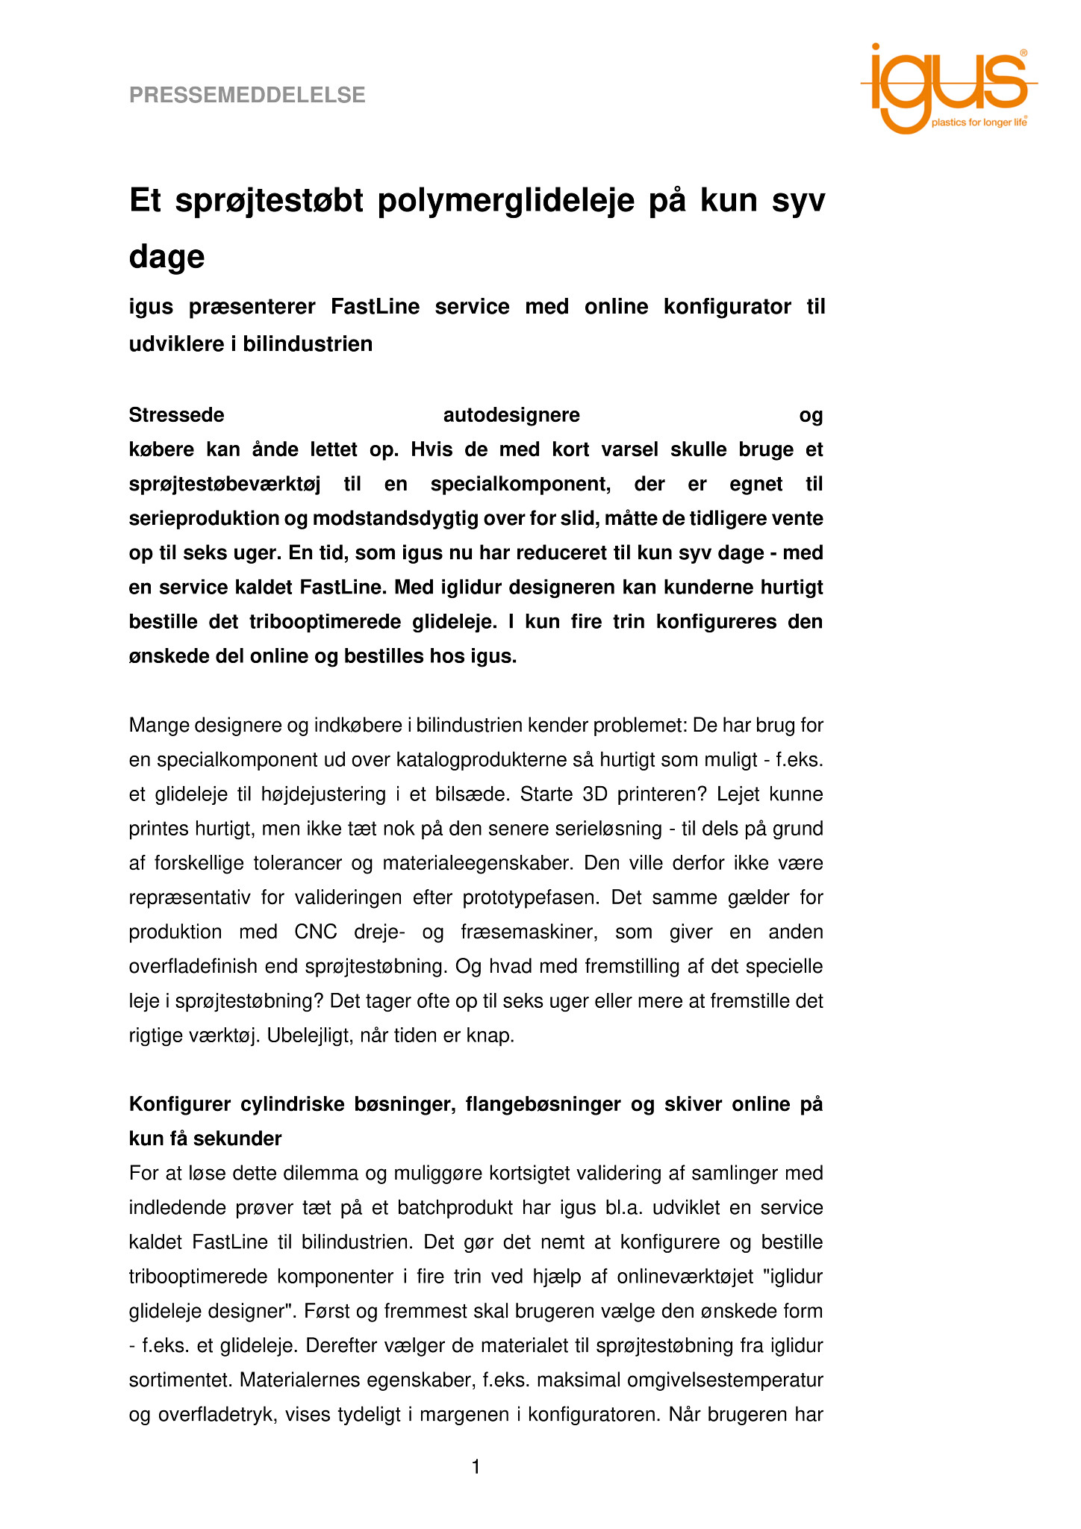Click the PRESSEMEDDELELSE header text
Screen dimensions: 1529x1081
[247, 96]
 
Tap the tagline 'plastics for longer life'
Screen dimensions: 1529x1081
[979, 122]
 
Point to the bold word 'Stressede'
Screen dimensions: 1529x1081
[177, 415]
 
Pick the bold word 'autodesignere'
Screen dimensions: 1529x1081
[511, 415]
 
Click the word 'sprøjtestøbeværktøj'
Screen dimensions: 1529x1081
[225, 485]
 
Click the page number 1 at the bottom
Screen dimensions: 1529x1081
[476, 1468]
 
